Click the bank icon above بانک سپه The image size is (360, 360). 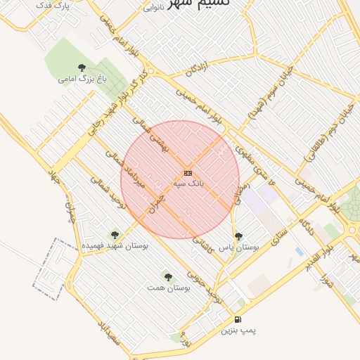coord(188,172)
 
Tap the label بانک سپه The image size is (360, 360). coord(188,182)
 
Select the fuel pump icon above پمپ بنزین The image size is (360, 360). coord(238,320)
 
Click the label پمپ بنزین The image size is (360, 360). coord(238,330)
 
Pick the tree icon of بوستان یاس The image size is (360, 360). coord(238,236)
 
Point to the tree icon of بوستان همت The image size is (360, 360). coord(167,276)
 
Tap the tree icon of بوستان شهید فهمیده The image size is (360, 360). coord(115,235)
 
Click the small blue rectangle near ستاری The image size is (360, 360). coord(300,251)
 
